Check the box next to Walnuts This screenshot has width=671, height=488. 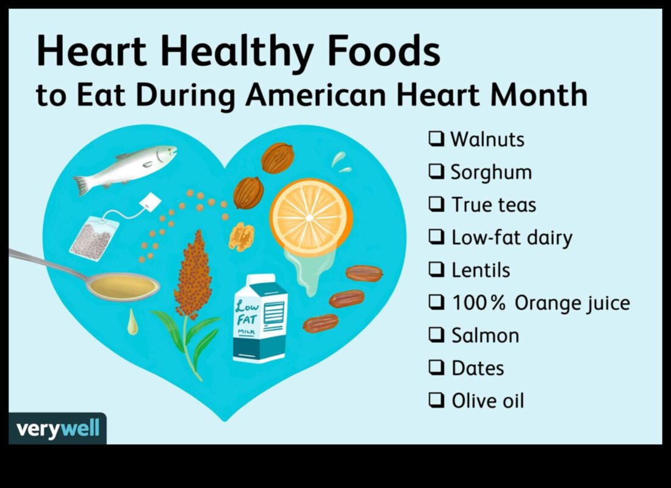437,138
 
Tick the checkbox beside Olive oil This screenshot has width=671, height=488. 437,400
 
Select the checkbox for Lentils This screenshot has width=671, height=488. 437,270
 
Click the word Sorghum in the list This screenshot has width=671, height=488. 491,173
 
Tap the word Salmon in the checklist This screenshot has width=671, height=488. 486,335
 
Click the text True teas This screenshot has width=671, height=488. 494,204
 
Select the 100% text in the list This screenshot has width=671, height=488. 479,303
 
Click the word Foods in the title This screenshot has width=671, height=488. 384,51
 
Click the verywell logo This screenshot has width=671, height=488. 57,428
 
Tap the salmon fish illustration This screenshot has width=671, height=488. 124,168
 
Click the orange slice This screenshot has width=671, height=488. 311,218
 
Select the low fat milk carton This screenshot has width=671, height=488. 260,318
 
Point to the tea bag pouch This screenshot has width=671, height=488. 94,238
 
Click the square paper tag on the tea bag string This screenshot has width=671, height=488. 150,202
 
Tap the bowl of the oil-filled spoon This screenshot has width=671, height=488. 123,286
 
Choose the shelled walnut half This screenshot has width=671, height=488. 242,237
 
